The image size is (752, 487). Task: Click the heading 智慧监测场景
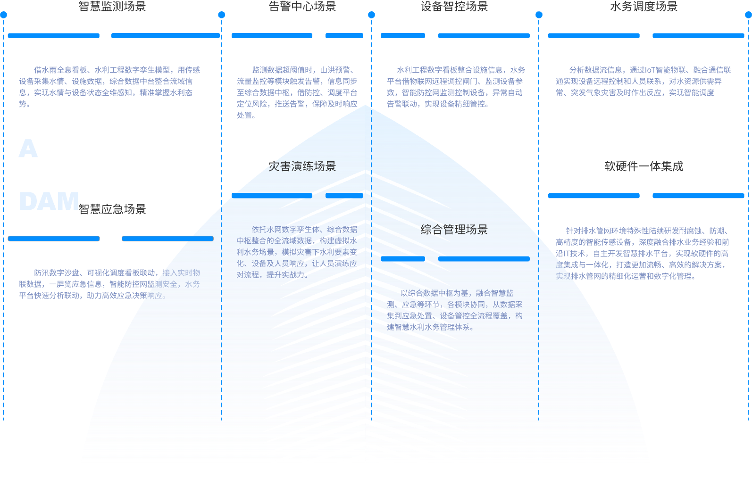[x=112, y=6]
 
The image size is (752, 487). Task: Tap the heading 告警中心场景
[x=302, y=6]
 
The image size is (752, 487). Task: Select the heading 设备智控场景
[x=454, y=6]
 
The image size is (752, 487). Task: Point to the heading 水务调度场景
[x=643, y=6]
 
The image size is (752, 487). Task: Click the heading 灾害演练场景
[x=302, y=166]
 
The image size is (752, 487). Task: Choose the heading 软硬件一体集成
[x=643, y=166]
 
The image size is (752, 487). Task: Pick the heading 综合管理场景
[x=454, y=230]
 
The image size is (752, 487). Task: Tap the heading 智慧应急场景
[x=112, y=209]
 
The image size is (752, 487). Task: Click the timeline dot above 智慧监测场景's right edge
[x=221, y=15]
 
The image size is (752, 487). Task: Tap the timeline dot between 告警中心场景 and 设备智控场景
[x=371, y=15]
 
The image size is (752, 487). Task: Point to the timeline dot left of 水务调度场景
[x=539, y=15]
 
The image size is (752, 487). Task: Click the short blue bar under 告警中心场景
[x=344, y=35]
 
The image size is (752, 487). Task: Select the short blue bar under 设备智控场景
[x=402, y=35]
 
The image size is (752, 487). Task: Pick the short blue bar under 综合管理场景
[x=402, y=258]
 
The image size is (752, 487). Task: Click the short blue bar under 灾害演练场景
[x=344, y=195]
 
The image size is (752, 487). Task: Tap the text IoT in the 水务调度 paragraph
[x=650, y=70]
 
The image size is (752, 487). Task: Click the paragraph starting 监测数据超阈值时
[x=297, y=92]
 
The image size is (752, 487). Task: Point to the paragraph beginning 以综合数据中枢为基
[x=454, y=310]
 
